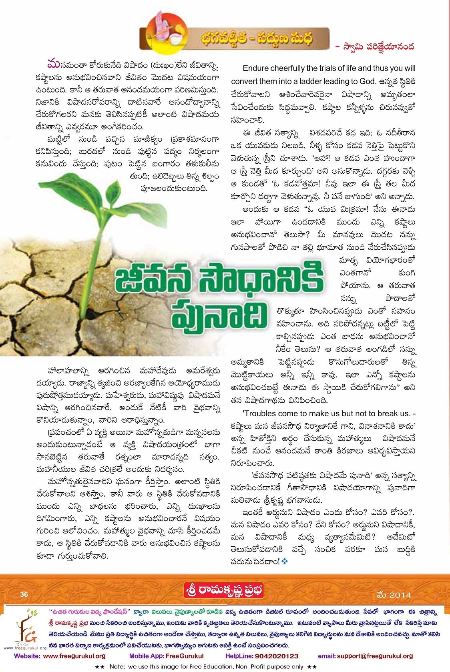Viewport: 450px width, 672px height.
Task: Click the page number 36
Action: [24, 594]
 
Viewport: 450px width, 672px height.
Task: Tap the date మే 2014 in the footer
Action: [394, 595]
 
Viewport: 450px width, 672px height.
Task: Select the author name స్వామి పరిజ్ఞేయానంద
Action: [378, 47]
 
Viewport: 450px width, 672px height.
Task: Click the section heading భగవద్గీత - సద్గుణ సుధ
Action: [257, 39]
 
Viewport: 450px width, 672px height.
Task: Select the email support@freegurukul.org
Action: [375, 656]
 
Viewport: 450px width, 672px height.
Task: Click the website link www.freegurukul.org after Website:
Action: [74, 656]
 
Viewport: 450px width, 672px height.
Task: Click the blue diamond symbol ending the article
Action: [285, 561]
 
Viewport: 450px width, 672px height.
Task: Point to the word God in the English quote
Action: [368, 81]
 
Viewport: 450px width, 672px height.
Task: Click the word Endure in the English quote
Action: [257, 68]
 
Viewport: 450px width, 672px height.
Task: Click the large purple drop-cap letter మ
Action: [53, 64]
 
